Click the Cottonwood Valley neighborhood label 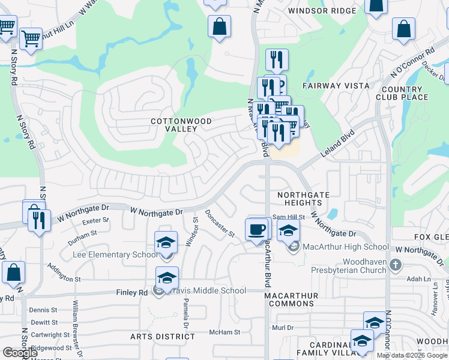pos(181,125)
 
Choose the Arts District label pos(163,337)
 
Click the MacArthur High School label pos(346,247)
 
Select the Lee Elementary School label pos(115,254)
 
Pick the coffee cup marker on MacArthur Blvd pos(257,229)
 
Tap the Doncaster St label pos(219,223)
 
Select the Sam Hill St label pos(289,217)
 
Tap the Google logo pos(20,353)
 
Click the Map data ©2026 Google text pos(412,355)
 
